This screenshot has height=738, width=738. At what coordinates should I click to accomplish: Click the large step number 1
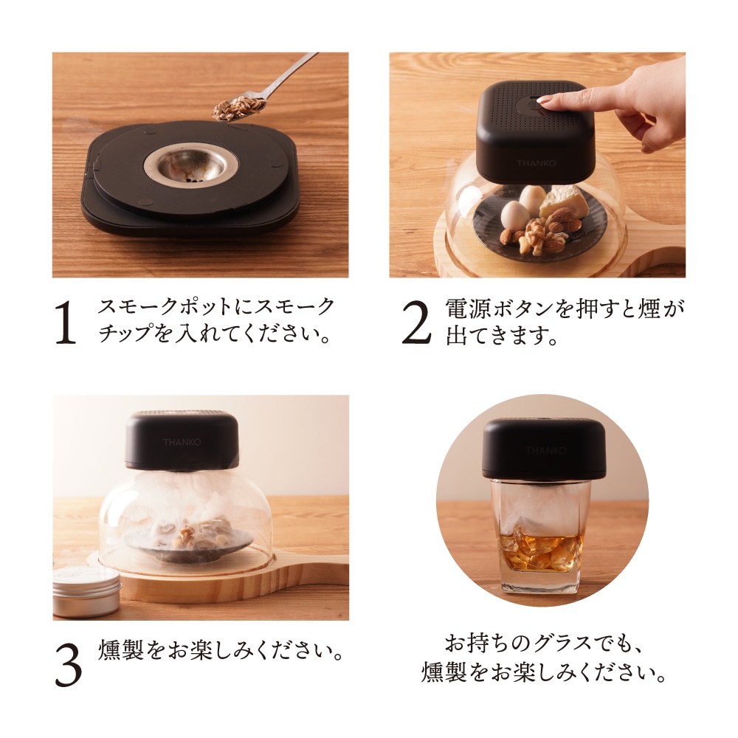(x=66, y=322)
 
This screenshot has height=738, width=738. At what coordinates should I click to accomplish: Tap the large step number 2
(x=415, y=322)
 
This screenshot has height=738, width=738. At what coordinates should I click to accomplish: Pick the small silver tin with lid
(x=86, y=590)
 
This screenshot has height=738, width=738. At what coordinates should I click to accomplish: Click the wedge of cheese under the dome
(x=565, y=201)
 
